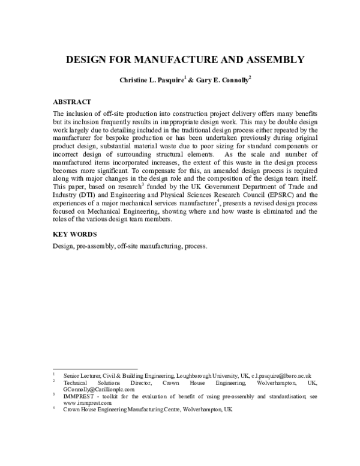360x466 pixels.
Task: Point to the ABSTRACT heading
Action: point(72,102)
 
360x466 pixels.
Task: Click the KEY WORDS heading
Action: point(75,234)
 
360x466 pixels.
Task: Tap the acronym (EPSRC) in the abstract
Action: point(288,194)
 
